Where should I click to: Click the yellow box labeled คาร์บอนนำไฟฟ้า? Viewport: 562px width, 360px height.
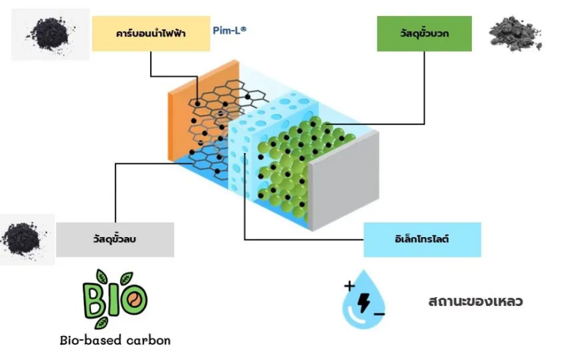coord(151,34)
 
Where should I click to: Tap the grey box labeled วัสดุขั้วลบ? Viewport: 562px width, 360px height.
coord(115,239)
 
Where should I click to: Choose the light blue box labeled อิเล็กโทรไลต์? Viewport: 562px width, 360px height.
coord(422,239)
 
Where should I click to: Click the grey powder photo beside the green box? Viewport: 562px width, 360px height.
coord(515,33)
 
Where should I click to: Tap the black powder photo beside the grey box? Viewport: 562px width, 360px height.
coord(25,239)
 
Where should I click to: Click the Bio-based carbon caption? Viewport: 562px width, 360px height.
coord(115,340)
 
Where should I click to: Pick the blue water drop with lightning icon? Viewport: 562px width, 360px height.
coord(361,301)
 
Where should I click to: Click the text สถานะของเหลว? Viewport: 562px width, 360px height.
coord(476,301)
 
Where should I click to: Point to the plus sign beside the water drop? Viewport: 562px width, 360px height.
coord(348,285)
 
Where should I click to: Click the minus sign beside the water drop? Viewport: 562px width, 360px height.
coord(379,313)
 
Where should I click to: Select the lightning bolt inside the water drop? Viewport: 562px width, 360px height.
coord(363,299)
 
